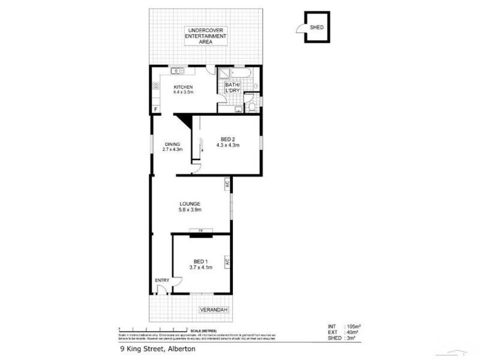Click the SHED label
(x=316, y=28)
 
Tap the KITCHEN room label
(x=183, y=87)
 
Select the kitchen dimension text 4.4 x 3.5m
(x=183, y=93)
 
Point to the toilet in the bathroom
(x=251, y=107)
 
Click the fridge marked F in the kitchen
(x=156, y=109)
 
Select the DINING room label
(x=173, y=144)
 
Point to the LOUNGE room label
(x=190, y=204)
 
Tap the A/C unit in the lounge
(x=227, y=184)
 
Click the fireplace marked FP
(x=201, y=231)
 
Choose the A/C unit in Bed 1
(x=227, y=262)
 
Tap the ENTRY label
(x=162, y=280)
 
